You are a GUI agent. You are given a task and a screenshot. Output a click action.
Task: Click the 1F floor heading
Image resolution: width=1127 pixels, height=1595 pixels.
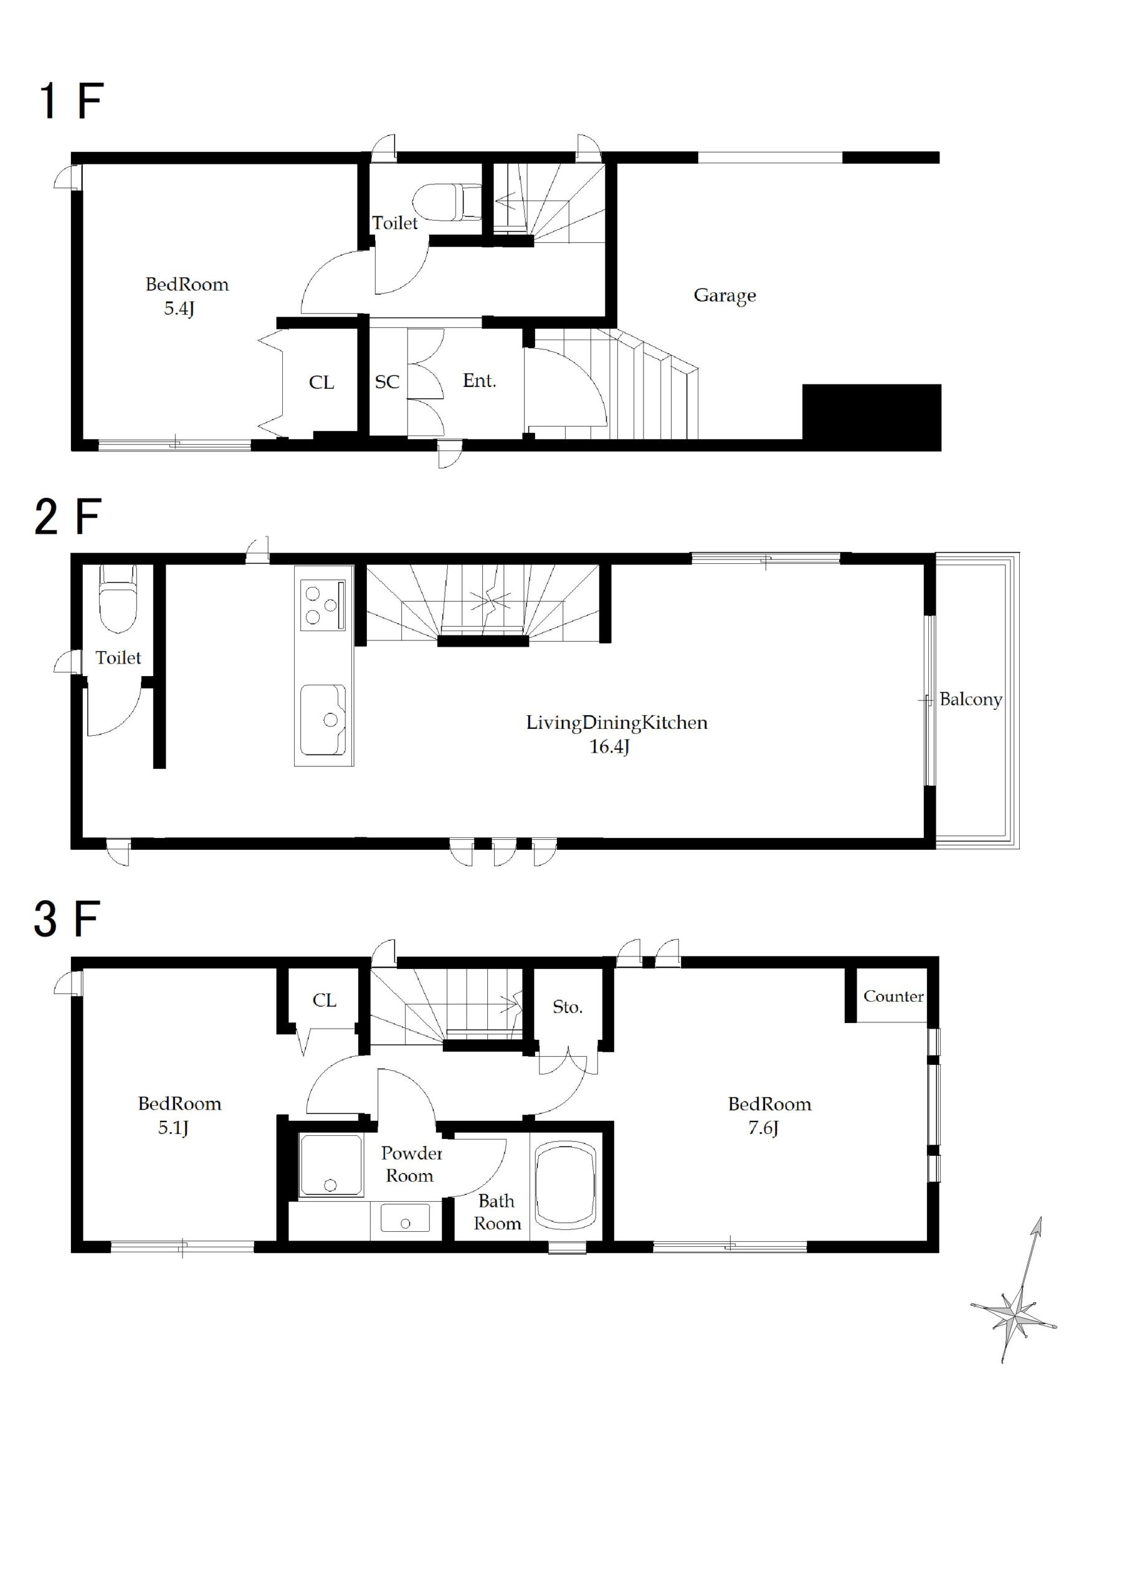[71, 101]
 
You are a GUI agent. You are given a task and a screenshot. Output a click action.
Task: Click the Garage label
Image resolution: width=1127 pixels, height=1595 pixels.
[725, 296]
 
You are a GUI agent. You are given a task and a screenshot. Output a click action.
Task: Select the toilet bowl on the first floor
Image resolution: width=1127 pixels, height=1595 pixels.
[447, 201]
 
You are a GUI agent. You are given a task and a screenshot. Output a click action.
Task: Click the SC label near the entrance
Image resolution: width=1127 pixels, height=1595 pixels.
[387, 381]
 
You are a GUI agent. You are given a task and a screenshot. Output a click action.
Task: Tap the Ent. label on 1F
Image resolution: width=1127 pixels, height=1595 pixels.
[480, 380]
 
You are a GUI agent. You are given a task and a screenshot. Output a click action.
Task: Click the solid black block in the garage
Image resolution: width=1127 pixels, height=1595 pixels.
[872, 417]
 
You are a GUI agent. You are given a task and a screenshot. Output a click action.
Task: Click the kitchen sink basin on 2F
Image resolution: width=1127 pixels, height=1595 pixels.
[323, 720]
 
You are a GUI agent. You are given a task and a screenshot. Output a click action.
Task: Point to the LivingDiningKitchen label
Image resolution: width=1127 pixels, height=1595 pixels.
[616, 723]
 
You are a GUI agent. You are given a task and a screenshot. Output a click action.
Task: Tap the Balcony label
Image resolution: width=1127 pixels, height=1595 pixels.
[971, 699]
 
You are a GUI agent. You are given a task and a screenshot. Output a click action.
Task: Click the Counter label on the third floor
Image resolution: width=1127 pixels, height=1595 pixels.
[893, 996]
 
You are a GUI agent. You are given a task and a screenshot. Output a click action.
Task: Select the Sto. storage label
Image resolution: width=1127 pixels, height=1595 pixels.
[567, 1007]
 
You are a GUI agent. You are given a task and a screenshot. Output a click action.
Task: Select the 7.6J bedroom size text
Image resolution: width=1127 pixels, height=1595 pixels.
[763, 1128]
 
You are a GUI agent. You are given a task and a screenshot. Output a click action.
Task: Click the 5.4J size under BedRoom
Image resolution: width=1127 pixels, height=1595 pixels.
[179, 308]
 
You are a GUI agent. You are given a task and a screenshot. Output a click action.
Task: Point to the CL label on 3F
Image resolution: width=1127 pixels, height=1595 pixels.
[325, 1001]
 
